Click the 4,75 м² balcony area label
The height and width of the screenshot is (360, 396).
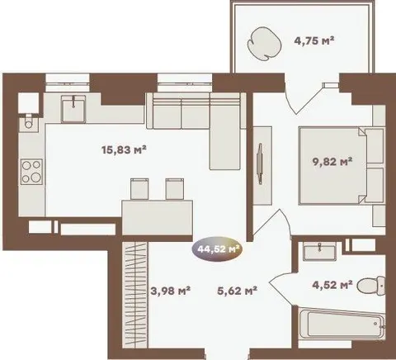pyautogui.click(x=314, y=41)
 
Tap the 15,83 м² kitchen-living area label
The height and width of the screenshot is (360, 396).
pyautogui.click(x=124, y=150)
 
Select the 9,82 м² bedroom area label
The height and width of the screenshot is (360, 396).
pyautogui.click(x=332, y=162)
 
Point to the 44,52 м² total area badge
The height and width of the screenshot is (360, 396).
pyautogui.click(x=217, y=249)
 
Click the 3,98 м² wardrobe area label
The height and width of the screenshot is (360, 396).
pyautogui.click(x=171, y=291)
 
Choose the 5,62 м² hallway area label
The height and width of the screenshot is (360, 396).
pyautogui.click(x=237, y=291)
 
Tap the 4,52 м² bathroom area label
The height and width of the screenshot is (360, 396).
pyautogui.click(x=332, y=285)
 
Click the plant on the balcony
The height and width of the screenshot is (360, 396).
pyautogui.click(x=265, y=44)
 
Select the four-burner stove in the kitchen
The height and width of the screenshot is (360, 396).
pyautogui.click(x=31, y=172)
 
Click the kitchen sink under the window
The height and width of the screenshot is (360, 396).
pyautogui.click(x=73, y=109)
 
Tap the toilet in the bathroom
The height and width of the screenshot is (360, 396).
pyautogui.click(x=371, y=286)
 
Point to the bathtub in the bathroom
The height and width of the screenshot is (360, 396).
pyautogui.click(x=342, y=324)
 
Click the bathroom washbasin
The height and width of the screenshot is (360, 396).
pyautogui.click(x=319, y=251)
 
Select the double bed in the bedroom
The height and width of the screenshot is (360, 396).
pyautogui.click(x=332, y=165)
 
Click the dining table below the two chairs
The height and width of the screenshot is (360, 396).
pyautogui.click(x=158, y=218)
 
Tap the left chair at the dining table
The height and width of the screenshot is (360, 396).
pyautogui.click(x=139, y=189)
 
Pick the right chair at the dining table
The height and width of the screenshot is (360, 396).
pyautogui.click(x=175, y=189)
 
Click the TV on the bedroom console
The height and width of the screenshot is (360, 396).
pyautogui.click(x=260, y=163)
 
